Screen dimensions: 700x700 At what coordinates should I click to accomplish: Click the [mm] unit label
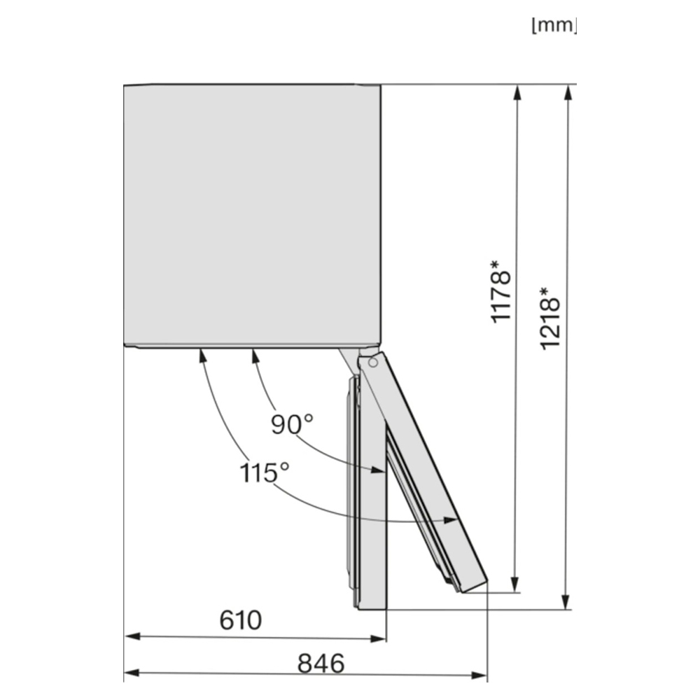pyautogui.click(x=554, y=25)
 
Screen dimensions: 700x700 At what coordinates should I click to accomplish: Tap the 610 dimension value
pyautogui.click(x=241, y=620)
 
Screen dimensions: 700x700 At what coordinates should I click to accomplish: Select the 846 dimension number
pyautogui.click(x=321, y=663)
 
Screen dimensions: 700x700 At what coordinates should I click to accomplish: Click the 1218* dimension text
pyautogui.click(x=550, y=318)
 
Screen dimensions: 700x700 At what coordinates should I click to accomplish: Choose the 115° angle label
pyautogui.click(x=265, y=472)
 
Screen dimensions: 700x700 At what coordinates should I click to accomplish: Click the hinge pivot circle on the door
pyautogui.click(x=373, y=363)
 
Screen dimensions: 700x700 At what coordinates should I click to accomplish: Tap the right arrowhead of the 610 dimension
pyautogui.click(x=379, y=639)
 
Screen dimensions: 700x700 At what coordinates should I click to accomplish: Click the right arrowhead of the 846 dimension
pyautogui.click(x=479, y=675)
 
